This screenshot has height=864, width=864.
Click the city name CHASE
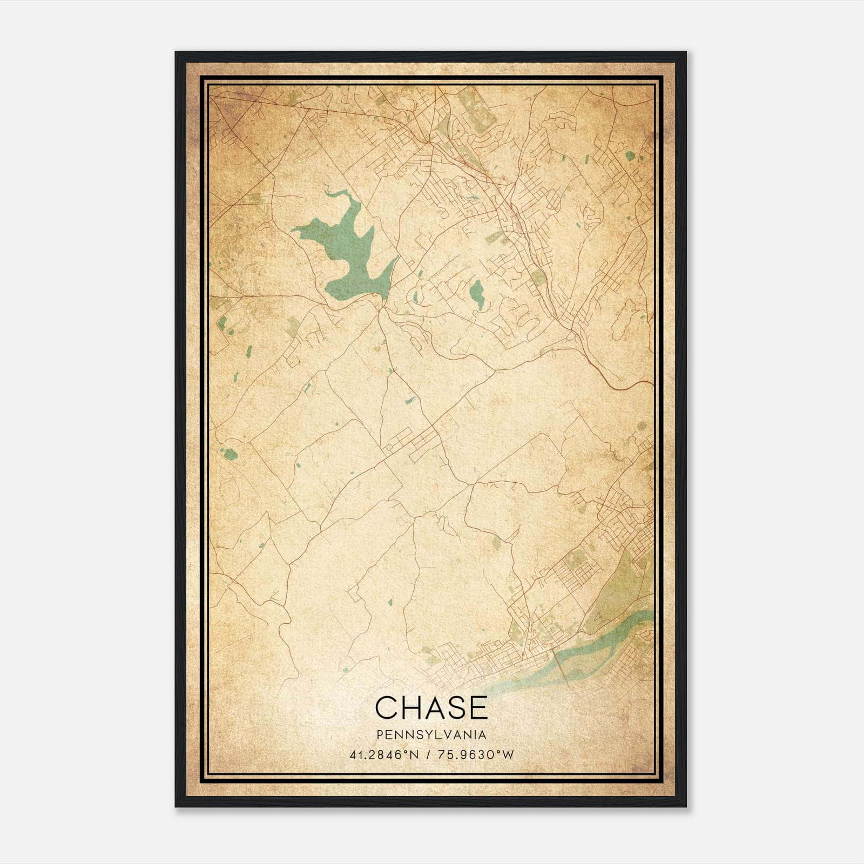[x=431, y=707]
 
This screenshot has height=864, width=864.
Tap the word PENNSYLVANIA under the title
[x=431, y=735]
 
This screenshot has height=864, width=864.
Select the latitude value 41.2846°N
[x=384, y=754]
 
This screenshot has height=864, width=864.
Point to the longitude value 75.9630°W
[x=477, y=754]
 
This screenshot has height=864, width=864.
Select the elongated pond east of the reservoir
[x=476, y=294]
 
